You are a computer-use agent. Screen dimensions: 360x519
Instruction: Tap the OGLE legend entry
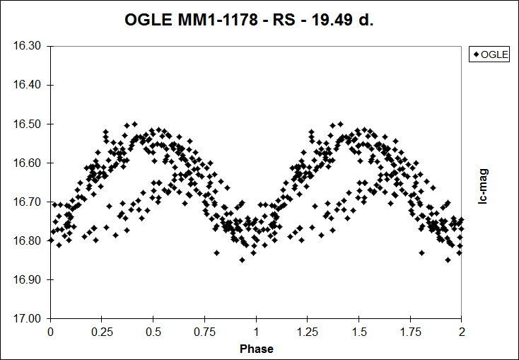click(489, 54)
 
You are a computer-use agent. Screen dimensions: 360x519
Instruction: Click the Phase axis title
click(256, 349)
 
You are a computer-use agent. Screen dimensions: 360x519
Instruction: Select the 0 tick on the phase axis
click(50, 331)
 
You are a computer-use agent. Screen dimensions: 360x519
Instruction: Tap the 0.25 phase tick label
click(102, 331)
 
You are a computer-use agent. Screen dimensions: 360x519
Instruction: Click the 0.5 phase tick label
click(153, 331)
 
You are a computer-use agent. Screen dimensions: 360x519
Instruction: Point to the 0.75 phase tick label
click(205, 331)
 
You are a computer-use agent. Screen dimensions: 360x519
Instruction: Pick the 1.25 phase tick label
click(308, 331)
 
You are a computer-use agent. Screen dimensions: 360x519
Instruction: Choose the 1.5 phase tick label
click(359, 331)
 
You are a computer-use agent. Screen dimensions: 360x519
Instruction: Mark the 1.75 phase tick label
click(411, 331)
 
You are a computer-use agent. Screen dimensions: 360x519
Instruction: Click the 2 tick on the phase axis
click(462, 331)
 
